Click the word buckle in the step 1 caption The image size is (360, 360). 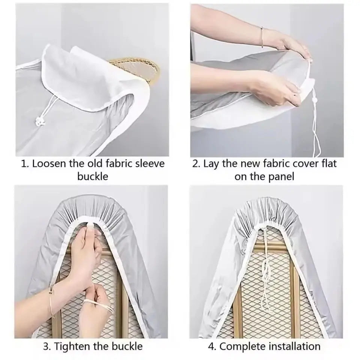click(x=93, y=177)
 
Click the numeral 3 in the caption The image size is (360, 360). click(x=46, y=346)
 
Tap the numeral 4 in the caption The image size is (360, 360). click(x=211, y=346)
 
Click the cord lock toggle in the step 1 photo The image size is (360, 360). click(x=39, y=120)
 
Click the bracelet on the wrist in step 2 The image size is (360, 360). click(x=262, y=37)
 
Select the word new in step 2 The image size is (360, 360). click(x=251, y=165)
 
